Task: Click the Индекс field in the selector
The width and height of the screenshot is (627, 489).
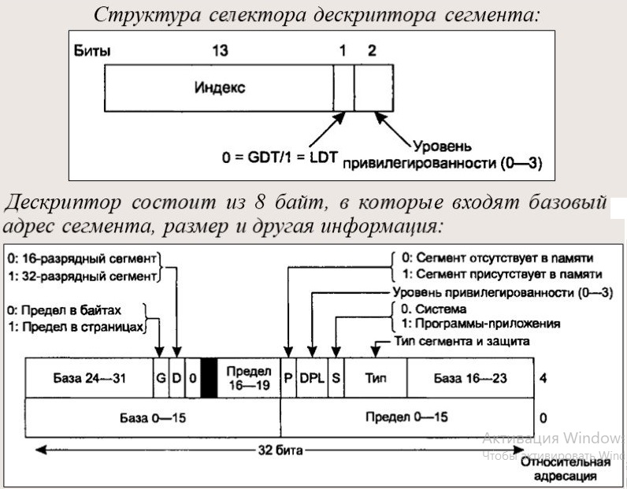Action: [220, 87]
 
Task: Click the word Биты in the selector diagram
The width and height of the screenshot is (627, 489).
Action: [91, 51]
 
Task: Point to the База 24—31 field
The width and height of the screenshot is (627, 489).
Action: [88, 378]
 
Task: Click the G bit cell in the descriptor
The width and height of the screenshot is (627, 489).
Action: [160, 378]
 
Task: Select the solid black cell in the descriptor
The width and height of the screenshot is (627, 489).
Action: [209, 378]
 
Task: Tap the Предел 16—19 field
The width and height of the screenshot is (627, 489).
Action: [248, 378]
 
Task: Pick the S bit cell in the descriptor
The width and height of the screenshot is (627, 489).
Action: [336, 378]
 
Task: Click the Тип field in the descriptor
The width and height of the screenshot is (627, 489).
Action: [376, 378]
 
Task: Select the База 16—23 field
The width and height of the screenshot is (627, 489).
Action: [470, 378]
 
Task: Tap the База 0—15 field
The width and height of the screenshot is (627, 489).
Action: [153, 415]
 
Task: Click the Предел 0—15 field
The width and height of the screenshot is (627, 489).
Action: [406, 415]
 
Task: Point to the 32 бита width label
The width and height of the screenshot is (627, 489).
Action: [279, 451]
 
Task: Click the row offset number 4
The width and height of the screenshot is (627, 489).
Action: [544, 378]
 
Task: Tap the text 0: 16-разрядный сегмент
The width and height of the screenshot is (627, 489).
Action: [81, 257]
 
